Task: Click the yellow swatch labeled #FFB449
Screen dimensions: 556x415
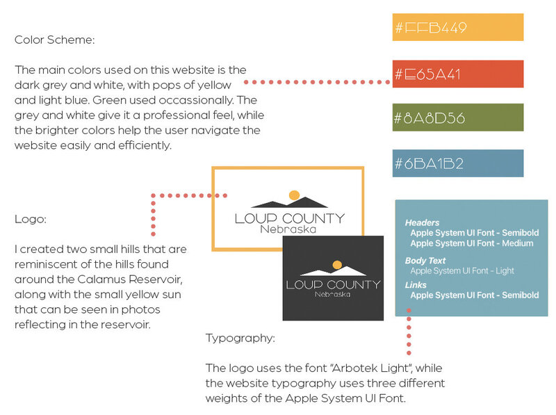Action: [x=458, y=27]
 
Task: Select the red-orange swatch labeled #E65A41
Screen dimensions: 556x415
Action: [x=458, y=74]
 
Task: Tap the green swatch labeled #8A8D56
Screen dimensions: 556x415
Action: [x=458, y=117]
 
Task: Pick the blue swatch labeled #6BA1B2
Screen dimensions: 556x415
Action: [x=458, y=163]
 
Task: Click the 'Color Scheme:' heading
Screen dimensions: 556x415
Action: [x=55, y=40]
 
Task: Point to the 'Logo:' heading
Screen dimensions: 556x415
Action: [x=31, y=219]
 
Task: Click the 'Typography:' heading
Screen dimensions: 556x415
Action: [x=240, y=338]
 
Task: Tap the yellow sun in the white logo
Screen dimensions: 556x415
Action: [x=294, y=195]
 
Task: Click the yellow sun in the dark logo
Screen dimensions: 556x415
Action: [x=337, y=265]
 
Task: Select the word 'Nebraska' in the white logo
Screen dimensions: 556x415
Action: [x=288, y=229]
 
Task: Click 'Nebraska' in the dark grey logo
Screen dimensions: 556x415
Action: [x=333, y=295]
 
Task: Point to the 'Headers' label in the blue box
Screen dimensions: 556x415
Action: [x=422, y=222]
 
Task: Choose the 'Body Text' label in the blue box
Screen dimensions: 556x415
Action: [x=425, y=261]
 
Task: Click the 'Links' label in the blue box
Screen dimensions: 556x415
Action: [x=416, y=285]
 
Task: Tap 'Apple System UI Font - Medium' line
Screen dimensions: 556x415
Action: [x=472, y=243]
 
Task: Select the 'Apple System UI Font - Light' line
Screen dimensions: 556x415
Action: [x=462, y=271]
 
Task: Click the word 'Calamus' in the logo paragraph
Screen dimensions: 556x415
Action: [x=101, y=279]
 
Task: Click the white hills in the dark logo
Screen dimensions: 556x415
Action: [x=334, y=271]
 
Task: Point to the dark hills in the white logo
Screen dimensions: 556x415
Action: [x=289, y=202]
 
